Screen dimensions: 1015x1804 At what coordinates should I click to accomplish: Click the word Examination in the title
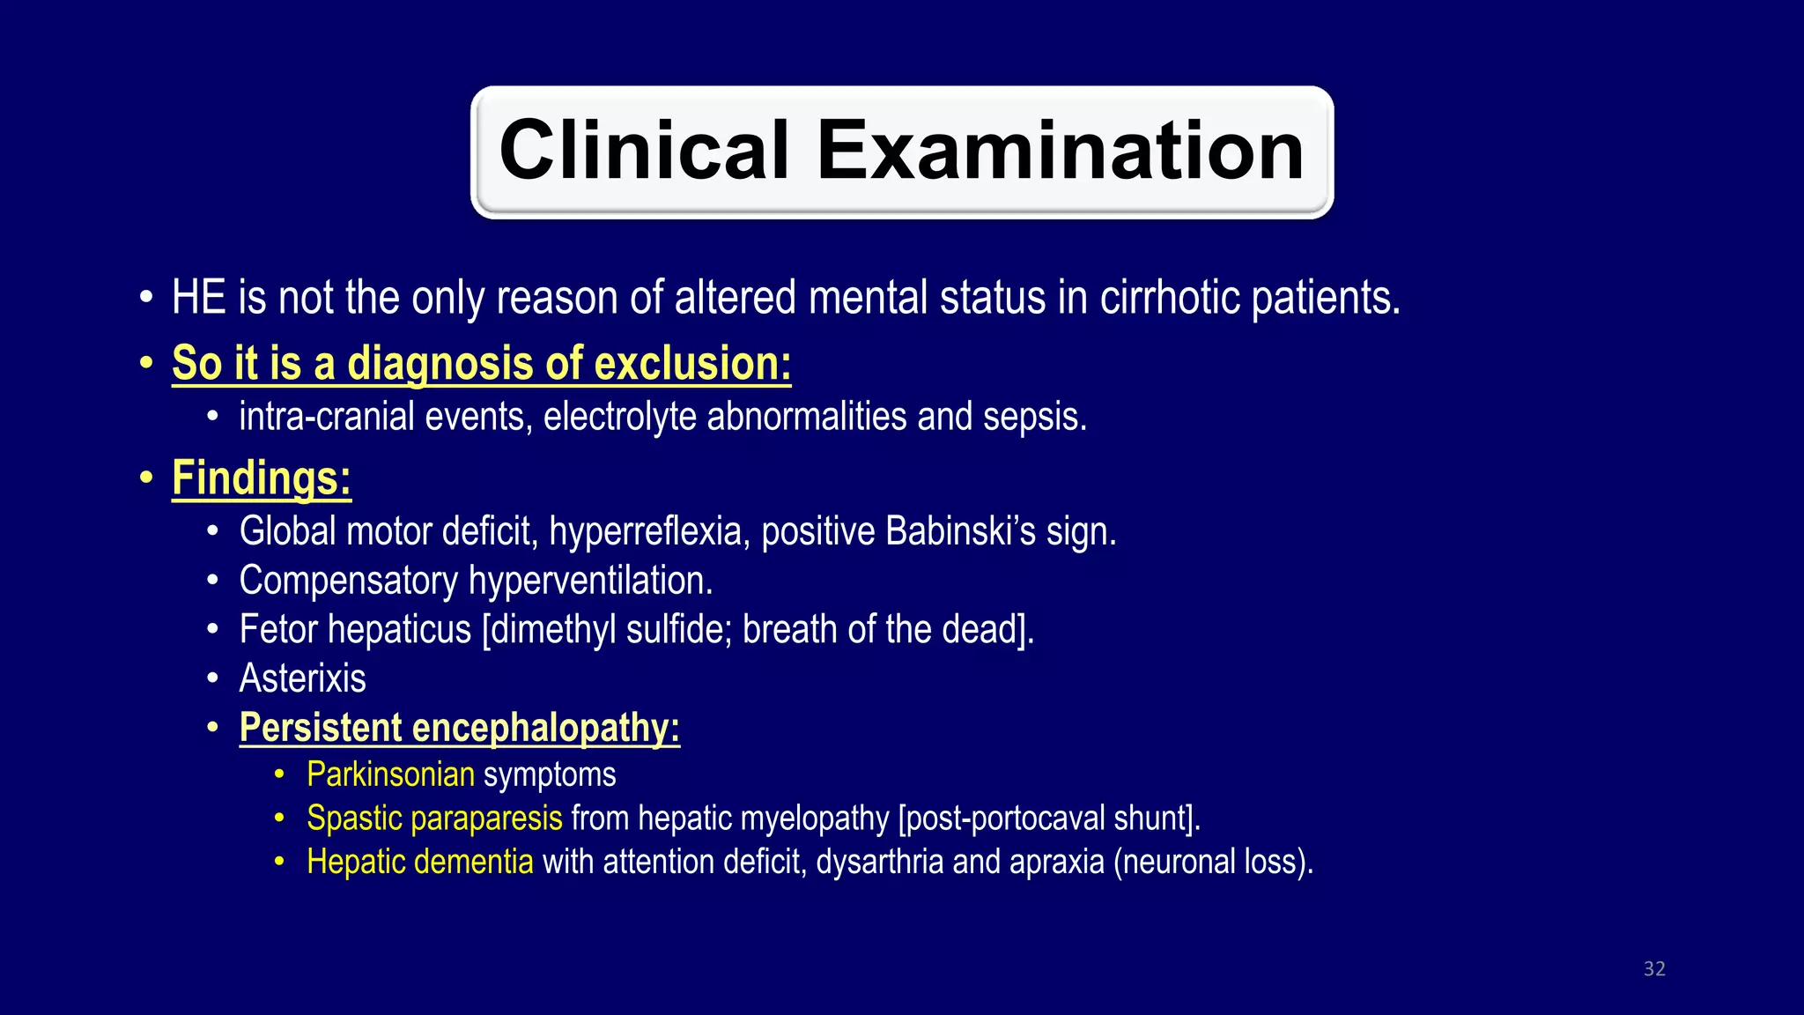[1061, 151]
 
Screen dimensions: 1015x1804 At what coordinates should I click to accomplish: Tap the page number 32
[1654, 969]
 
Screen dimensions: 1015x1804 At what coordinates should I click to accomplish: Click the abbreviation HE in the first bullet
[198, 298]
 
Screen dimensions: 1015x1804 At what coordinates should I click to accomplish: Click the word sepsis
[1034, 417]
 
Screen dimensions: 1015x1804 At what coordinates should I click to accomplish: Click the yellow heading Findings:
[262, 478]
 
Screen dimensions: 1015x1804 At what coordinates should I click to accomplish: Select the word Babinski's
[961, 531]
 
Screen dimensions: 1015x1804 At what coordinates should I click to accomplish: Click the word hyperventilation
[590, 581]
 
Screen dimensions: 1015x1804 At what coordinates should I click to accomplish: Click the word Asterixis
[302, 678]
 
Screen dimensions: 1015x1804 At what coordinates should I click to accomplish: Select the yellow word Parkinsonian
[390, 775]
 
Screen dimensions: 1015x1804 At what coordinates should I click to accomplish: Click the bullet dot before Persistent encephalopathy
[212, 729]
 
